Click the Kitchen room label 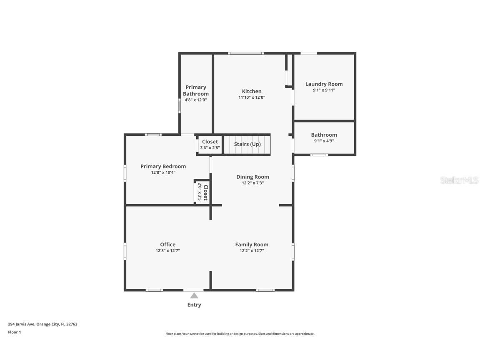click(x=252, y=91)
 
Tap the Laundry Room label click(x=324, y=84)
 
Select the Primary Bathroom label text click(x=196, y=90)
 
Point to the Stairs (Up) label click(x=247, y=144)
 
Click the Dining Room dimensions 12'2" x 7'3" click(x=252, y=183)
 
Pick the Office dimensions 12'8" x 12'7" click(x=167, y=251)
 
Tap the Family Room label click(x=252, y=245)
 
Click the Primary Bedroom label click(x=163, y=166)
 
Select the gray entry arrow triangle click(x=194, y=296)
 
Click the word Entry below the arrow click(x=194, y=305)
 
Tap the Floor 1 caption click(x=14, y=332)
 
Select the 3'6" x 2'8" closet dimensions click(x=210, y=147)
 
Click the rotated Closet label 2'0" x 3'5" click(x=202, y=192)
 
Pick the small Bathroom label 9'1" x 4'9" click(x=324, y=135)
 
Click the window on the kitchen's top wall click(x=245, y=53)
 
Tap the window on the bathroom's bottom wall click(x=319, y=155)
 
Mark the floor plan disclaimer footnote click(x=240, y=334)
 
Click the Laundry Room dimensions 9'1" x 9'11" click(x=324, y=90)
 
